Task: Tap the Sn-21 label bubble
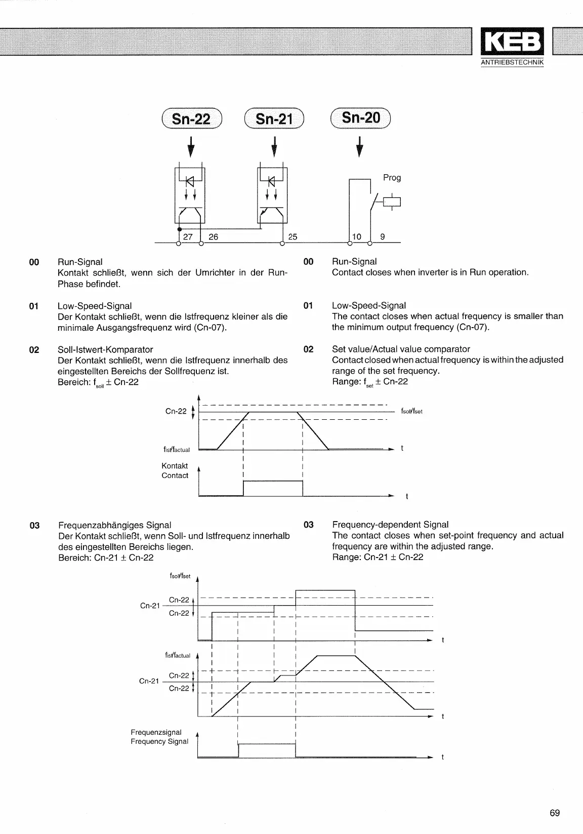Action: click(274, 119)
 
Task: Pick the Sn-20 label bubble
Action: click(360, 118)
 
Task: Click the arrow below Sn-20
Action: click(360, 146)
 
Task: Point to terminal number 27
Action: click(188, 236)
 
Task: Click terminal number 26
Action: click(214, 236)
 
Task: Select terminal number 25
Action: click(293, 236)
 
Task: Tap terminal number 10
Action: click(357, 236)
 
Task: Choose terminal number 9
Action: click(382, 236)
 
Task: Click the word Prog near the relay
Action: click(392, 178)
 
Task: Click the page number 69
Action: click(555, 813)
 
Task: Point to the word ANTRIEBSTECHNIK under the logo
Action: click(512, 62)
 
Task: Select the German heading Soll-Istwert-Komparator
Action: click(105, 349)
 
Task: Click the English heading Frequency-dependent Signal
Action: click(390, 525)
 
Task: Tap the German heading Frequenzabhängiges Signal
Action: click(115, 525)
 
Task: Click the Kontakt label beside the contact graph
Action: click(175, 466)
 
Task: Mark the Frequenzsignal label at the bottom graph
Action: click(156, 732)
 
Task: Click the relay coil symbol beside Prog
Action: click(393, 202)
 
